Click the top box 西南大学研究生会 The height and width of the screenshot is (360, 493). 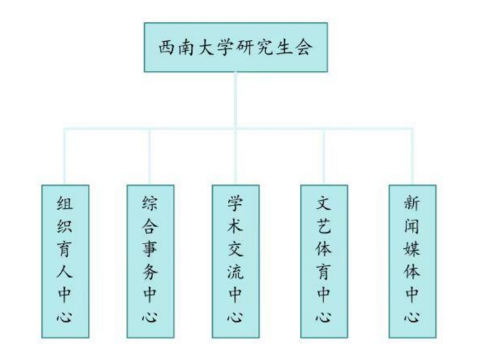[x=236, y=48]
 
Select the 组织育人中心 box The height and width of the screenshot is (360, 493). [x=65, y=261]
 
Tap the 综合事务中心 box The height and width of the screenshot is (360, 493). [x=151, y=261]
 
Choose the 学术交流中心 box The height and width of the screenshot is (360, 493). [x=236, y=261]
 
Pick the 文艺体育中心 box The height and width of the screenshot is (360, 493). [x=323, y=261]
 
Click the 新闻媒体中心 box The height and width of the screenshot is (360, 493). [x=412, y=261]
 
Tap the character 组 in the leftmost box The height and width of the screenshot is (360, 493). [x=65, y=204]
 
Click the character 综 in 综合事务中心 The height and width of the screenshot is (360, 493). [x=151, y=204]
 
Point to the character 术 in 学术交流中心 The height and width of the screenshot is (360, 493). [x=236, y=226]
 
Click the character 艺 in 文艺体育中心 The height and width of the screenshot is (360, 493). [x=323, y=226]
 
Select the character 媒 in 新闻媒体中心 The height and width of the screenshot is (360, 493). [x=412, y=249]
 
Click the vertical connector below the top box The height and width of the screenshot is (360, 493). [x=236, y=98]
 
